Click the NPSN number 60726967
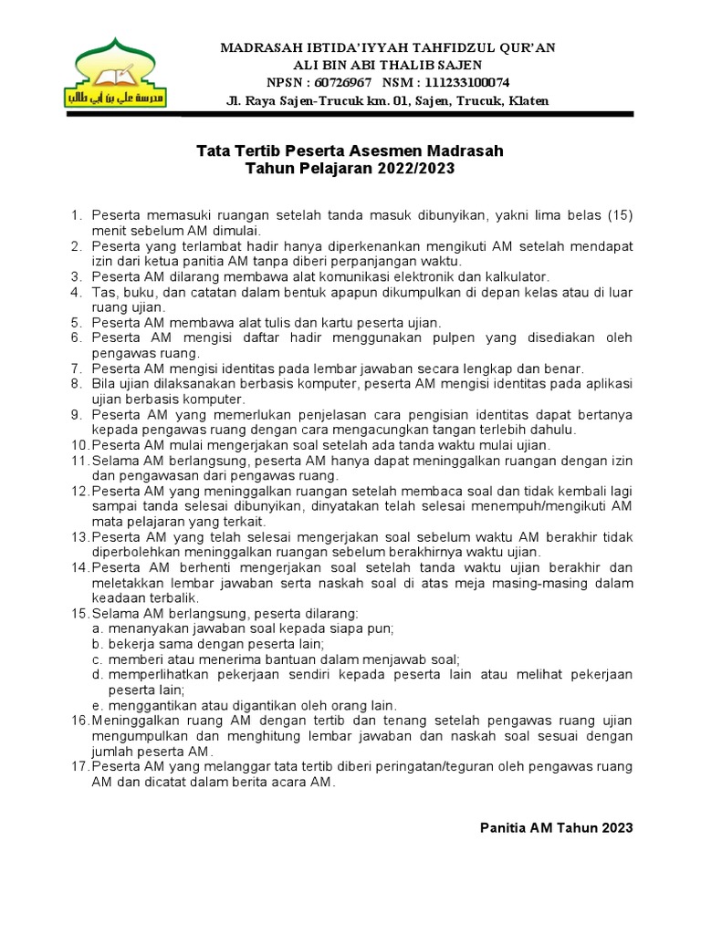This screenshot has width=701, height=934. point(332,82)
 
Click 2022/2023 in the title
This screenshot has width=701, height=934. point(413,168)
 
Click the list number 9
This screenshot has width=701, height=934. point(77,414)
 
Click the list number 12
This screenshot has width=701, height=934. point(79,491)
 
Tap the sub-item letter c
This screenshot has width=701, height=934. point(96,659)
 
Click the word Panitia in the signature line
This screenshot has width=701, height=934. point(504,827)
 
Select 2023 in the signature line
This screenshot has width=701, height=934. point(615,827)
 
